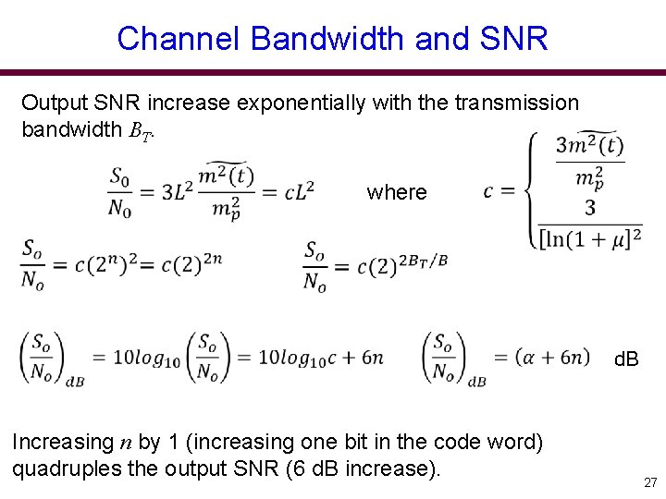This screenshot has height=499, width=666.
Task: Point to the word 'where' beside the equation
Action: point(397,192)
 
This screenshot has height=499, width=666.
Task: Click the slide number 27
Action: point(650,481)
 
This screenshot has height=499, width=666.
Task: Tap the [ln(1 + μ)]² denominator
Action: point(591,238)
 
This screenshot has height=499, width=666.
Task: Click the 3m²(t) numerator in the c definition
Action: point(590,146)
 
